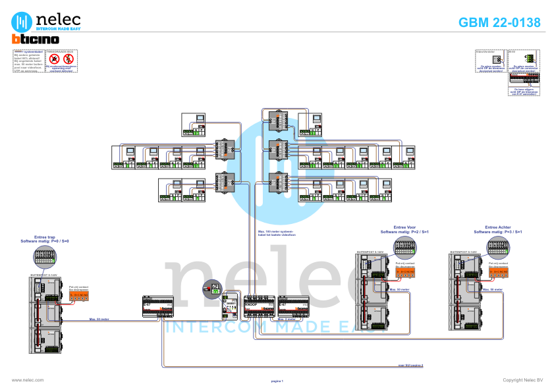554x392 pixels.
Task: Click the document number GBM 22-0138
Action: [x=499, y=22]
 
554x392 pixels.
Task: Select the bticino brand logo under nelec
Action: [x=36, y=40]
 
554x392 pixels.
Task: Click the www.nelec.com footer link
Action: [x=28, y=380]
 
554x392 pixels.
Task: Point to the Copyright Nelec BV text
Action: [x=522, y=380]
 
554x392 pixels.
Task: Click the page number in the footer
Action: [x=277, y=381]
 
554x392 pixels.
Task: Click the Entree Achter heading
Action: [x=498, y=228]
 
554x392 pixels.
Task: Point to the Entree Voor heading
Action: [x=405, y=228]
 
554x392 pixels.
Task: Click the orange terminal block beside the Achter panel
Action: [x=498, y=271]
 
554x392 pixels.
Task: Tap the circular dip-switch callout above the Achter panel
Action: [x=498, y=247]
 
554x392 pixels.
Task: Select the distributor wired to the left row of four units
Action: [x=225, y=150]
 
